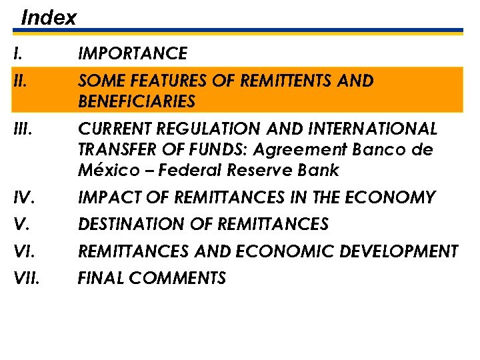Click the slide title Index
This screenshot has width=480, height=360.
(49, 17)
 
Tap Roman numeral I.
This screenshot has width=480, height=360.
(17, 53)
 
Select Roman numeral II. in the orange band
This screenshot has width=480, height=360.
(19, 81)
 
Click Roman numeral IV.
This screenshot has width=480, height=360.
(23, 198)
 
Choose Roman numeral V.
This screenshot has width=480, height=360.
(20, 225)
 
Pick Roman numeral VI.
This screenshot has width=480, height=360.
(23, 251)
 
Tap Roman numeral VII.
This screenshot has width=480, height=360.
(25, 278)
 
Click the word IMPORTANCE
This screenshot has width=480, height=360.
(133, 53)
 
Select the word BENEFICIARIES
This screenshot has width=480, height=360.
(137, 102)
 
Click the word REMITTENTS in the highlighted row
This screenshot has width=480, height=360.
(279, 81)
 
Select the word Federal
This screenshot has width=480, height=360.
(196, 171)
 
